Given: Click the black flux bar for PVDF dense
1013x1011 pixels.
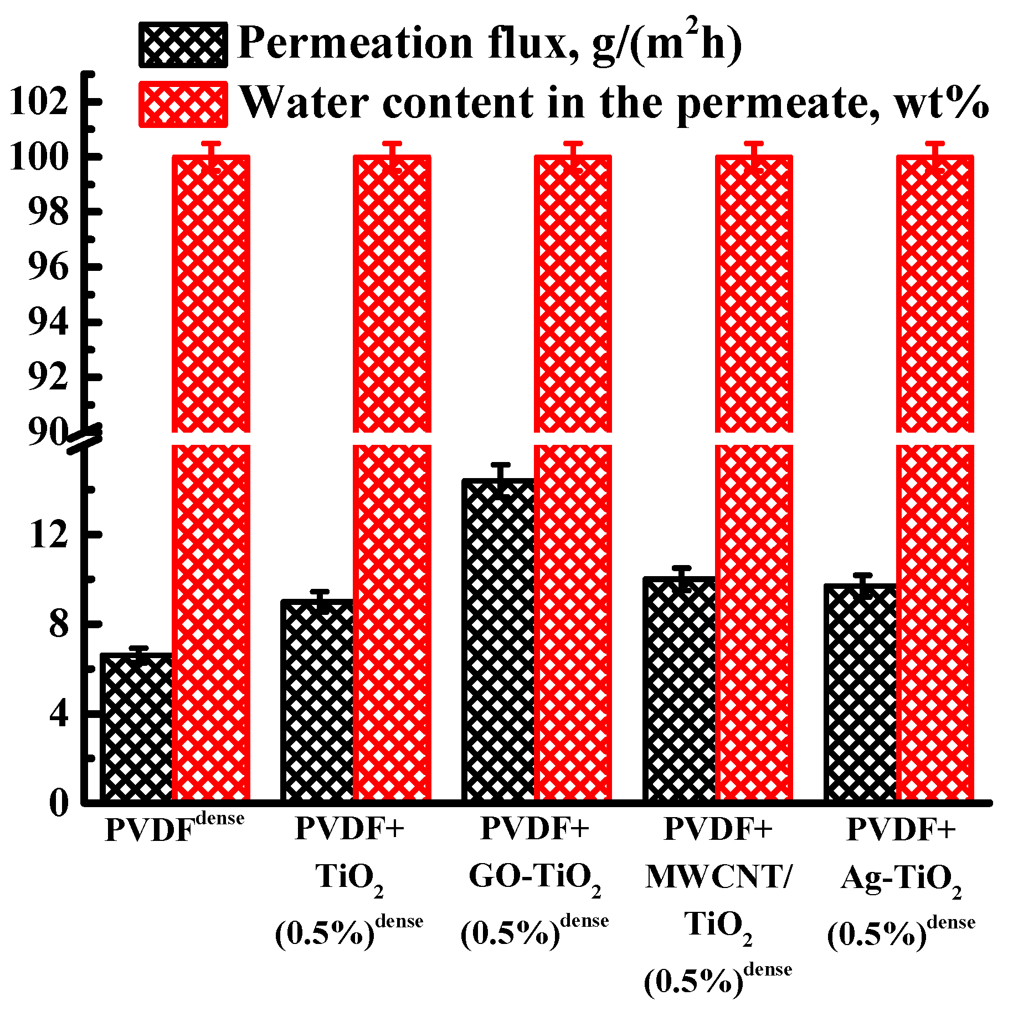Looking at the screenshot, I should (x=137, y=726).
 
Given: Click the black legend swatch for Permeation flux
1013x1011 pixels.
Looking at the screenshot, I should (x=183, y=44).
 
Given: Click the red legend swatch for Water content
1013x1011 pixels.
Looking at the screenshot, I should (x=183, y=104).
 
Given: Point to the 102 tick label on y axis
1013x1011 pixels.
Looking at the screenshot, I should (x=39, y=102).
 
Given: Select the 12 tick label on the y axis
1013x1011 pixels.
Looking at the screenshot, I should (x=49, y=535).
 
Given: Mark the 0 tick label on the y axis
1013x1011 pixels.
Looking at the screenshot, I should (x=59, y=802).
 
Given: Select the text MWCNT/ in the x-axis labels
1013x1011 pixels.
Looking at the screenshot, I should (x=719, y=877).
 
